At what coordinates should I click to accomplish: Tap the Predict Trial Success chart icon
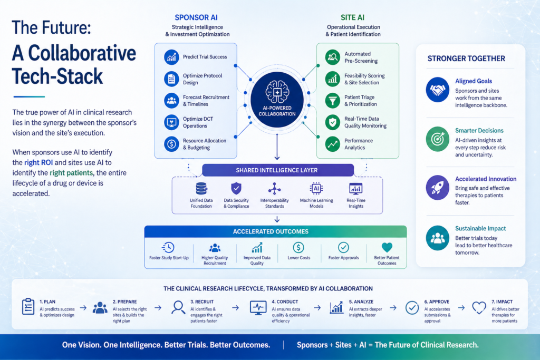(x=171, y=57)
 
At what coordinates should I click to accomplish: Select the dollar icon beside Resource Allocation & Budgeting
(x=171, y=144)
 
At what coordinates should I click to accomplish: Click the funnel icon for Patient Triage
(x=333, y=100)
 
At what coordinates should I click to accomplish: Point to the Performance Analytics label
(x=359, y=144)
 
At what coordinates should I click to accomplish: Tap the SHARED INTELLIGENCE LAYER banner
(x=277, y=170)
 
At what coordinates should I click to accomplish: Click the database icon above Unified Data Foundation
(x=200, y=188)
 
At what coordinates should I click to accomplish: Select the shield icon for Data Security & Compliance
(x=236, y=188)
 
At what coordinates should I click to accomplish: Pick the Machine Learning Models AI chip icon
(x=316, y=188)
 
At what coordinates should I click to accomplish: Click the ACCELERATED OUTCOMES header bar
(x=275, y=231)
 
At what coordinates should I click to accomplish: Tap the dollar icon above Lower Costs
(x=298, y=247)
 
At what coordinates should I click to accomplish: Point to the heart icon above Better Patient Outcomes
(x=387, y=247)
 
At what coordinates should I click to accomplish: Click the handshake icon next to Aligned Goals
(x=437, y=90)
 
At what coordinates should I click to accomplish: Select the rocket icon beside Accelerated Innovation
(x=437, y=187)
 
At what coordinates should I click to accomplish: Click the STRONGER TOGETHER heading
(x=466, y=59)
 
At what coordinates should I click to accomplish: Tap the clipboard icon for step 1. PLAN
(x=28, y=307)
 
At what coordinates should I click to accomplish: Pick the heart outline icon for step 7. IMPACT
(x=479, y=307)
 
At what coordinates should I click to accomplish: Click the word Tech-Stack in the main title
(x=57, y=76)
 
